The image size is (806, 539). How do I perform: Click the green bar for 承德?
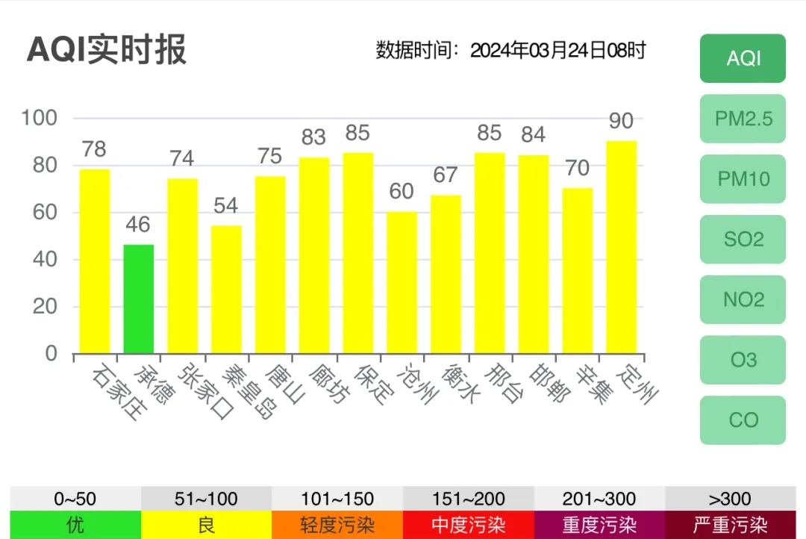coord(139,299)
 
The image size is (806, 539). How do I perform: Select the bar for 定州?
coord(621,247)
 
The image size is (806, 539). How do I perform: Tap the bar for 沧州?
coord(402,282)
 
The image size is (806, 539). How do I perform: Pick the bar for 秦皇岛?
coord(226,290)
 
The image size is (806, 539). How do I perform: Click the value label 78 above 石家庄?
coord(94,149)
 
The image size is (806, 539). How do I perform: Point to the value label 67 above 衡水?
coord(446,175)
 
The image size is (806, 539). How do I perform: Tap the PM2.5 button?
coord(743,119)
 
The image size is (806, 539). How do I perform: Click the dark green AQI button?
coord(743,58)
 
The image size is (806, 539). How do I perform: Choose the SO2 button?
coord(743,240)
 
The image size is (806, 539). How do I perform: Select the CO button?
coord(743,420)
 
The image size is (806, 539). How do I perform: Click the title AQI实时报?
coord(107,50)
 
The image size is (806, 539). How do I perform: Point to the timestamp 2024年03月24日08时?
coord(557,51)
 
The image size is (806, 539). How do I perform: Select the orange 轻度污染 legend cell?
coord(337,525)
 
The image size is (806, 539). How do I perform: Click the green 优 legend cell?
coord(75,525)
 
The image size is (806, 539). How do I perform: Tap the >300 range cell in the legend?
coord(730,499)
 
